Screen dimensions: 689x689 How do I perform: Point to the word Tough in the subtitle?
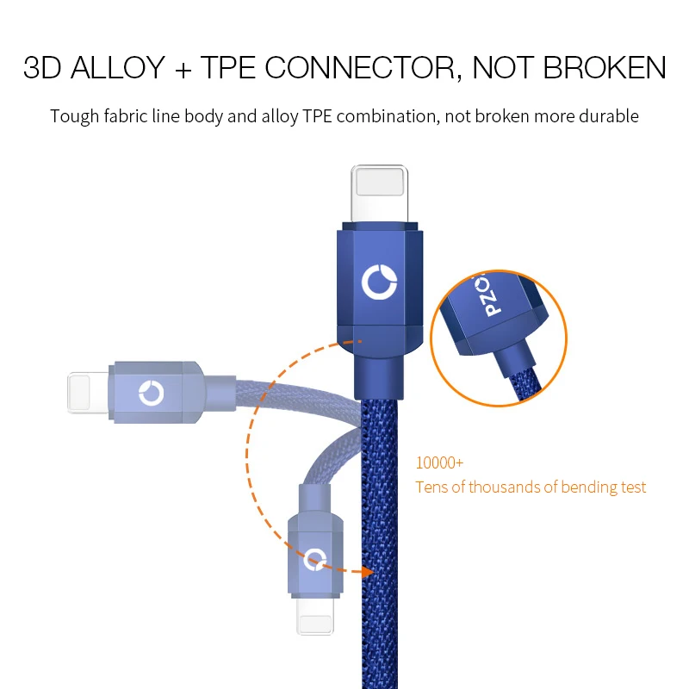[x=74, y=115]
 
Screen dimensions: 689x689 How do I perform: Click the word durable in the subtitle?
[x=610, y=115]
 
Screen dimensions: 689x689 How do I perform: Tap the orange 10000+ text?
[x=439, y=462]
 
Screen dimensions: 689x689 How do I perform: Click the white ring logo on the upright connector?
[x=378, y=282]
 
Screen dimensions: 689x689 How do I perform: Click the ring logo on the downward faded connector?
[x=315, y=557]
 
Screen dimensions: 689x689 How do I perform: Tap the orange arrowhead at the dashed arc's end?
[x=369, y=570]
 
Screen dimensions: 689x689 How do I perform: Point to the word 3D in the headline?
[x=42, y=68]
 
